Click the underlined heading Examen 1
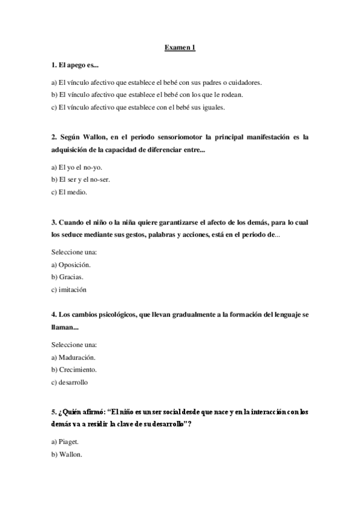pyautogui.click(x=180, y=48)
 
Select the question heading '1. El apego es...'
pyautogui.click(x=75, y=64)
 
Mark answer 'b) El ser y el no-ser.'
pyautogui.click(x=81, y=180)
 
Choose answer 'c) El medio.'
pyautogui.click(x=69, y=192)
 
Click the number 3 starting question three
pyautogui.click(x=53, y=222)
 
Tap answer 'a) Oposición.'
pyautogui.click(x=71, y=265)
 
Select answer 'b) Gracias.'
pyautogui.click(x=67, y=277)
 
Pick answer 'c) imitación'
pyautogui.click(x=69, y=289)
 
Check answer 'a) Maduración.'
pyautogui.click(x=73, y=357)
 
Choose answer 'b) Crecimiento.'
pyautogui.click(x=74, y=369)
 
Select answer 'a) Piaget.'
pyautogui.click(x=65, y=441)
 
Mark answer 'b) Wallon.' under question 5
pyautogui.click(x=67, y=454)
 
